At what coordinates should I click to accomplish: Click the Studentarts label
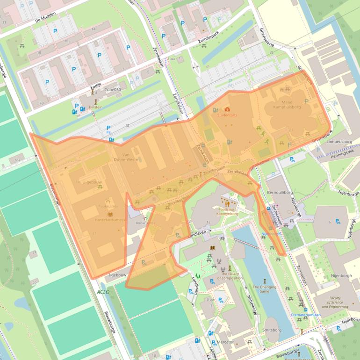[x=228, y=115]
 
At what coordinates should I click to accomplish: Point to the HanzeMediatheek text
[x=110, y=219]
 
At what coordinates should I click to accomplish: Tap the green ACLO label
[x=103, y=292]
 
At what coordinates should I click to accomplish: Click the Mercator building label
[x=225, y=342]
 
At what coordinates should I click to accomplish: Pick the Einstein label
[x=95, y=107]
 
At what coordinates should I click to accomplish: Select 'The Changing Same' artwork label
[x=264, y=289]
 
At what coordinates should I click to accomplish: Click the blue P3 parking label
[x=108, y=133]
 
